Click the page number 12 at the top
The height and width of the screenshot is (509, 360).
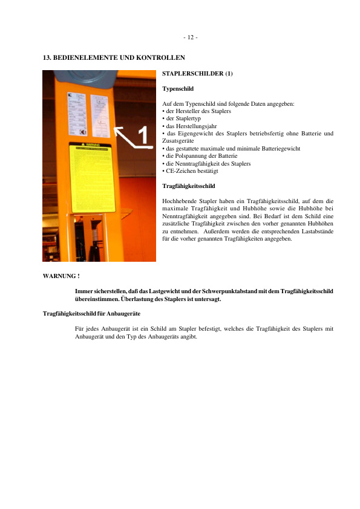click(x=190, y=37)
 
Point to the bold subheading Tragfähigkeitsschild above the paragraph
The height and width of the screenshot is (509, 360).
click(x=189, y=186)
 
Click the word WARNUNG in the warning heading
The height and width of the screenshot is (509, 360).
click(x=59, y=276)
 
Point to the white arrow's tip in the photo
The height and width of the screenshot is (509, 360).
click(x=116, y=128)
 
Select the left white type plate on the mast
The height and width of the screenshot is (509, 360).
click(x=78, y=115)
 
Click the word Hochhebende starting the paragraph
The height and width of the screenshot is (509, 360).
click(x=180, y=200)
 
